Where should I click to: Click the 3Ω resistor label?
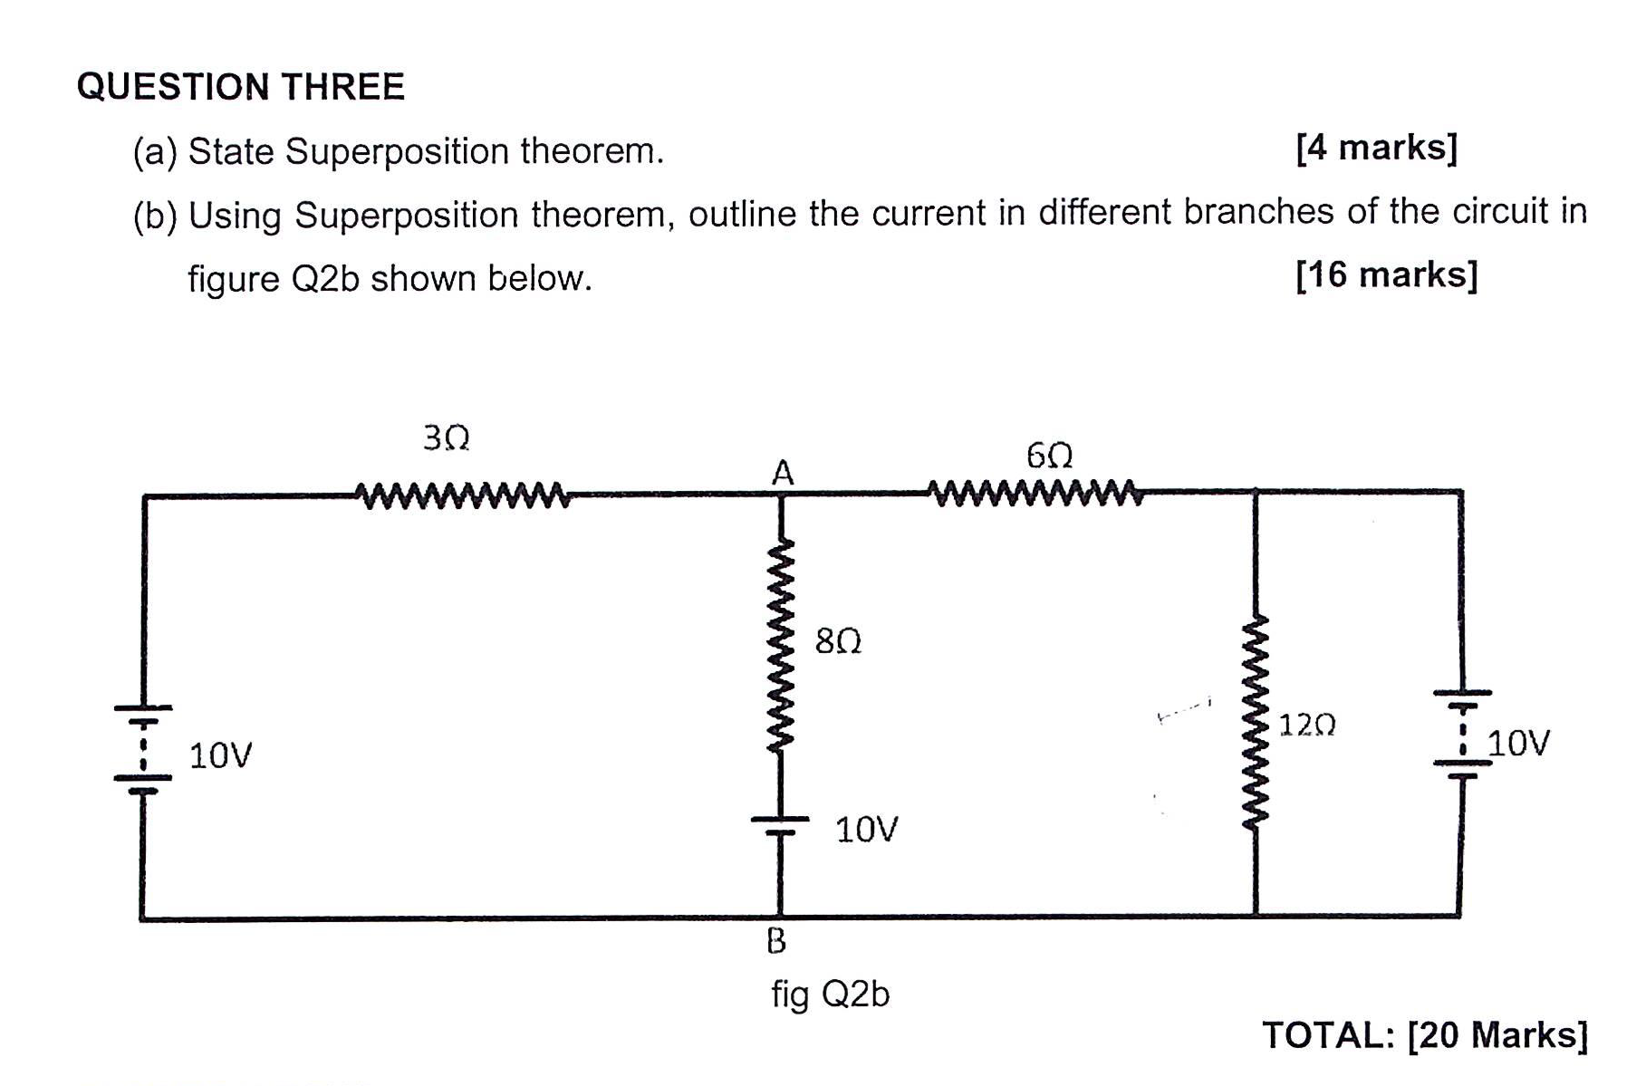(446, 438)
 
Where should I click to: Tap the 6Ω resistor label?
(1049, 455)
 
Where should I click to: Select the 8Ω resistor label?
(838, 641)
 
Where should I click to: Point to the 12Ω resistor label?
(1306, 725)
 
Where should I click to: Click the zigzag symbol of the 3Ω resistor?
(463, 495)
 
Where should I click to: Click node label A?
(782, 473)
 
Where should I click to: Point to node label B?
(776, 942)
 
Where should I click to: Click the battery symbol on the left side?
(142, 748)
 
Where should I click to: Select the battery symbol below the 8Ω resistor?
(780, 824)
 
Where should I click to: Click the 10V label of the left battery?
(220, 754)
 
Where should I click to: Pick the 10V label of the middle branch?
(866, 829)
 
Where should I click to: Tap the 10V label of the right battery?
(1518, 743)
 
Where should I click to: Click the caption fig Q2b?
(830, 995)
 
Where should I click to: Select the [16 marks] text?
(1386, 274)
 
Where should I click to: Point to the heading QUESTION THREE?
(241, 87)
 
